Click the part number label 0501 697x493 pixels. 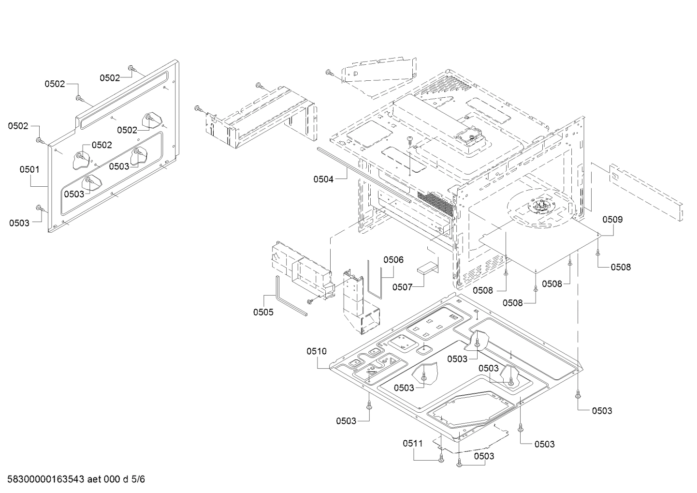(x=29, y=170)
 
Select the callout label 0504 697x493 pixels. (x=323, y=179)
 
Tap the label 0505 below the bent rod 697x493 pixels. (x=263, y=312)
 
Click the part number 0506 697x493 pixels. (x=393, y=260)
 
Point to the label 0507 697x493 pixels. (x=402, y=287)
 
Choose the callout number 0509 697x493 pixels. (x=612, y=219)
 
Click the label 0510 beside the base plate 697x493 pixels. (x=317, y=351)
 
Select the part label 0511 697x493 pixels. (x=413, y=443)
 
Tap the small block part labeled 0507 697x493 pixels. (x=428, y=268)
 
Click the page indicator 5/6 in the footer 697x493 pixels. (x=138, y=479)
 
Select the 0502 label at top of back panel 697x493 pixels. (x=110, y=77)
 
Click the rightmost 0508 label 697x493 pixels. (x=620, y=267)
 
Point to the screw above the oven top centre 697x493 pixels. (x=410, y=140)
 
